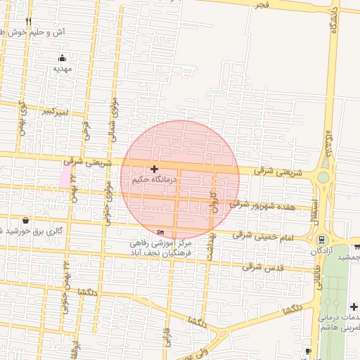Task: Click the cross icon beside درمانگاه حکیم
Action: tap(154, 169)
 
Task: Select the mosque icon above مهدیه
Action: tap(63, 58)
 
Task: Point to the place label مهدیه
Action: tap(63, 69)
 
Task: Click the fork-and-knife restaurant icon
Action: tap(29, 22)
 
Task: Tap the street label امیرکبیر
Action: tap(55, 111)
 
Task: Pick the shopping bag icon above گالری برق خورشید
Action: tap(26, 219)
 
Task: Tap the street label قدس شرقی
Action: tap(262, 266)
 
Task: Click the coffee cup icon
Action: tap(308, 351)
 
